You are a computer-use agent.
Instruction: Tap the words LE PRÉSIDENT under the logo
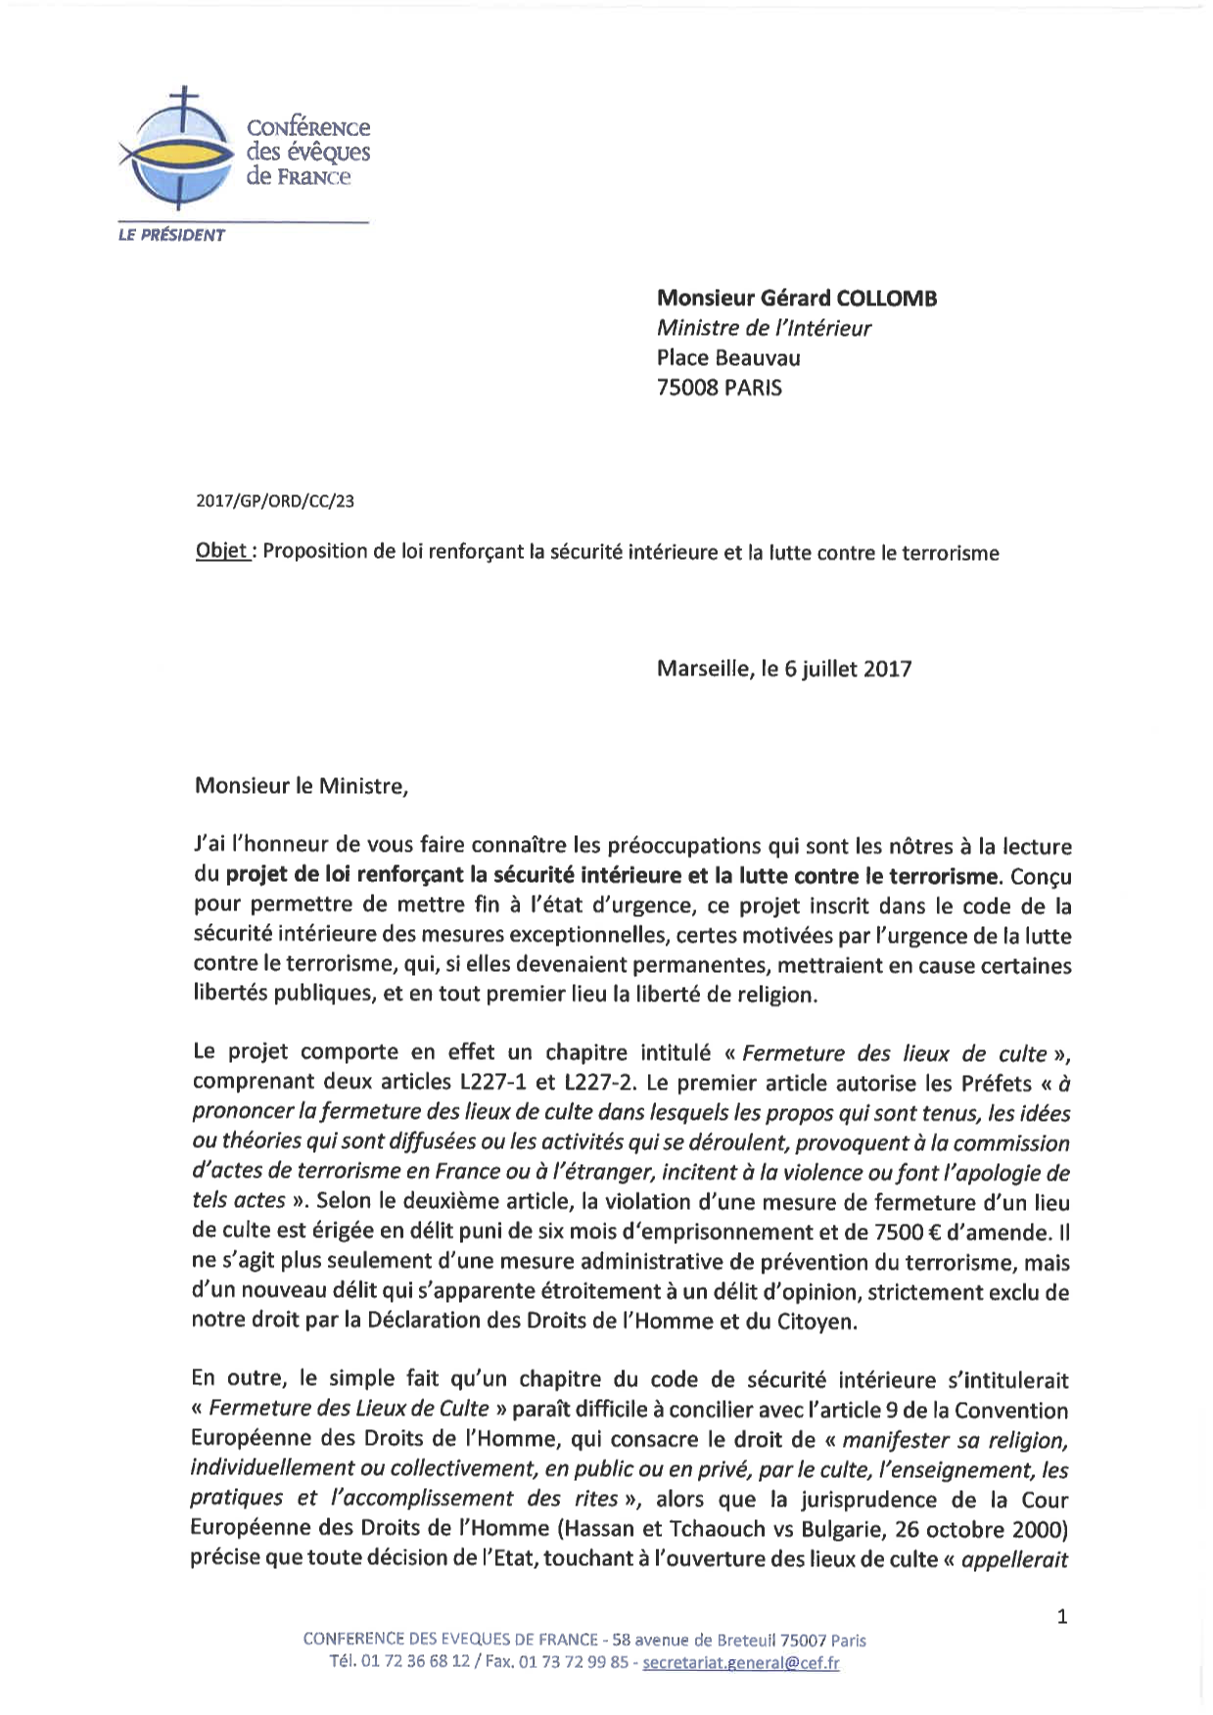pos(171,235)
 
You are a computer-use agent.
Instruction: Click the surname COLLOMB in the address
pos(886,298)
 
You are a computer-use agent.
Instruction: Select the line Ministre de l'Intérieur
pos(764,328)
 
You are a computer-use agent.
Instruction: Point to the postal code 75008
pos(687,388)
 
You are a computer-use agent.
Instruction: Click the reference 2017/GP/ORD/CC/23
pos(275,501)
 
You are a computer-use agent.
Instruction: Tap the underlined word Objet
pos(224,551)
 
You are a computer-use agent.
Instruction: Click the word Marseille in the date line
pos(703,670)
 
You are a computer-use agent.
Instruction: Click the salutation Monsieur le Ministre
pos(301,785)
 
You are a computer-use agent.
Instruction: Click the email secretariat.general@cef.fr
pos(740,1663)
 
